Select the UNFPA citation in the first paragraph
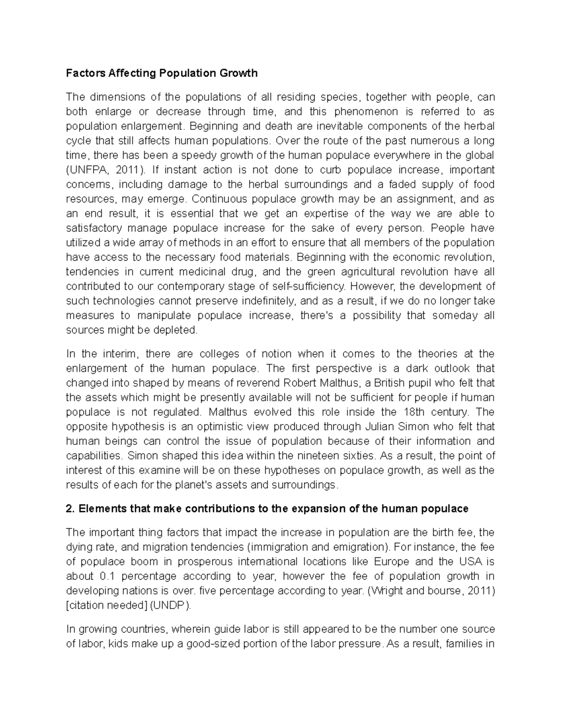[x=84, y=170]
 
